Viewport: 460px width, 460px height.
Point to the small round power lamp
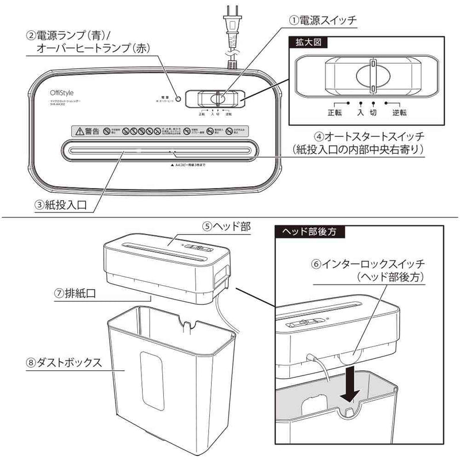coord(178,98)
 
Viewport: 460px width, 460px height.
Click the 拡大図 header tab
coord(303,43)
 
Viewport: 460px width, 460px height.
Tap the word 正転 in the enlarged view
coord(335,113)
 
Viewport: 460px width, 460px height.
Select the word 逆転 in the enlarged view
coord(400,113)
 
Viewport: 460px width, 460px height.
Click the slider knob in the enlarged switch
coord(373,74)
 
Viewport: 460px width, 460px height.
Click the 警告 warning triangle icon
coord(78,131)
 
